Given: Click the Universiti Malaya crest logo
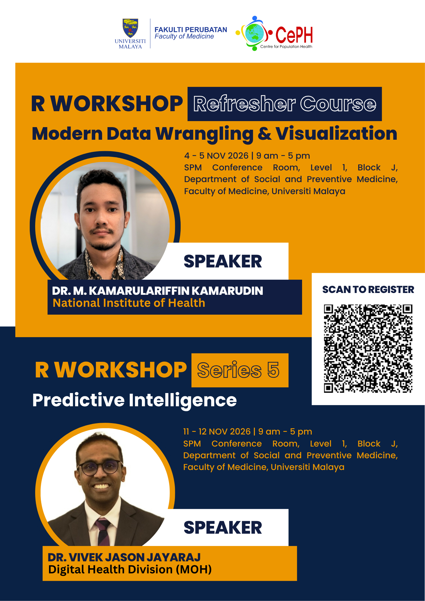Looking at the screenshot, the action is pos(130,29).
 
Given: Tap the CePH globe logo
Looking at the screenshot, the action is pos(254,33).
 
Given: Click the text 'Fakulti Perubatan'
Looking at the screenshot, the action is pos(191,30).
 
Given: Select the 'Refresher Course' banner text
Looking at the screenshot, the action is pos(285,104).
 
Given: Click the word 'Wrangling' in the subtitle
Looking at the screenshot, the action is pos(204,134).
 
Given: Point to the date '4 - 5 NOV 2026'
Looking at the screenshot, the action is pos(216,156).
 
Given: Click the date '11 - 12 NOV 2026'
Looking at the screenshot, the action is pos(217,432).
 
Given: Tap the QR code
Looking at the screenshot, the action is pos(368,349).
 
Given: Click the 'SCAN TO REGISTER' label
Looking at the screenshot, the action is pos(368,289).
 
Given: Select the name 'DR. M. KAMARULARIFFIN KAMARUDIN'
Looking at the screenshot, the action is pos(157,291).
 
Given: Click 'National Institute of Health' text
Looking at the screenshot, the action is pos(129,303).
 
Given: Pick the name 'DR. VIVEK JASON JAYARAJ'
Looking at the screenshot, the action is pos(124,557).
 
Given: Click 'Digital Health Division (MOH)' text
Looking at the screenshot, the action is pos(130,569).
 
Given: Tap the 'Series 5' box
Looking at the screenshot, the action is pos(240,370).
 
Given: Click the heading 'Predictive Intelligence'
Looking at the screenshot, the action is pos(134,401).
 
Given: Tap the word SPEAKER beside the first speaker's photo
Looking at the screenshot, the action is pos(223,261).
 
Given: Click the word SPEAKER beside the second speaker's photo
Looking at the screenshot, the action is pos(223,528).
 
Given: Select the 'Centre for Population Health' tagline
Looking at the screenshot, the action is pos(286,47).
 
